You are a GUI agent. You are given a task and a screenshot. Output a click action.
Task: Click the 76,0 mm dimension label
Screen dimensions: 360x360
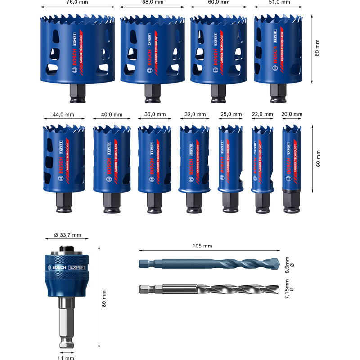click(x=77, y=2)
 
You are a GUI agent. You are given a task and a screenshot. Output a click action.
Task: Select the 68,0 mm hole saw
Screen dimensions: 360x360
click(x=153, y=49)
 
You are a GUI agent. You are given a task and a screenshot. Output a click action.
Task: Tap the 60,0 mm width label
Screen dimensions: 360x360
click(x=219, y=2)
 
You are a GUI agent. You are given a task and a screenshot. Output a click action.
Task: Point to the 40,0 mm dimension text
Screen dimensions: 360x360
click(x=111, y=115)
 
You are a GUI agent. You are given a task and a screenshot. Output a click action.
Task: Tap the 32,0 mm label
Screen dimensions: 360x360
click(x=194, y=115)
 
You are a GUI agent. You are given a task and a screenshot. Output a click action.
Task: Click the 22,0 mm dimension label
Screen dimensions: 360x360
click(x=262, y=115)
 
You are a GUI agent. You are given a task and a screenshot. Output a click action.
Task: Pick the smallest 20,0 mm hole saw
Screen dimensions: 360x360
click(x=292, y=157)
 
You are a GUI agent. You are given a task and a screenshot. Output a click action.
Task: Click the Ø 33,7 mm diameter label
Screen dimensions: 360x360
click(x=67, y=235)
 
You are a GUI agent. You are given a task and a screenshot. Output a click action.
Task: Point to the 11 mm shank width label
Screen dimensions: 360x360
click(x=67, y=358)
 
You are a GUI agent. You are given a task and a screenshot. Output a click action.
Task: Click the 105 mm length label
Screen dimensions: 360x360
click(x=202, y=246)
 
